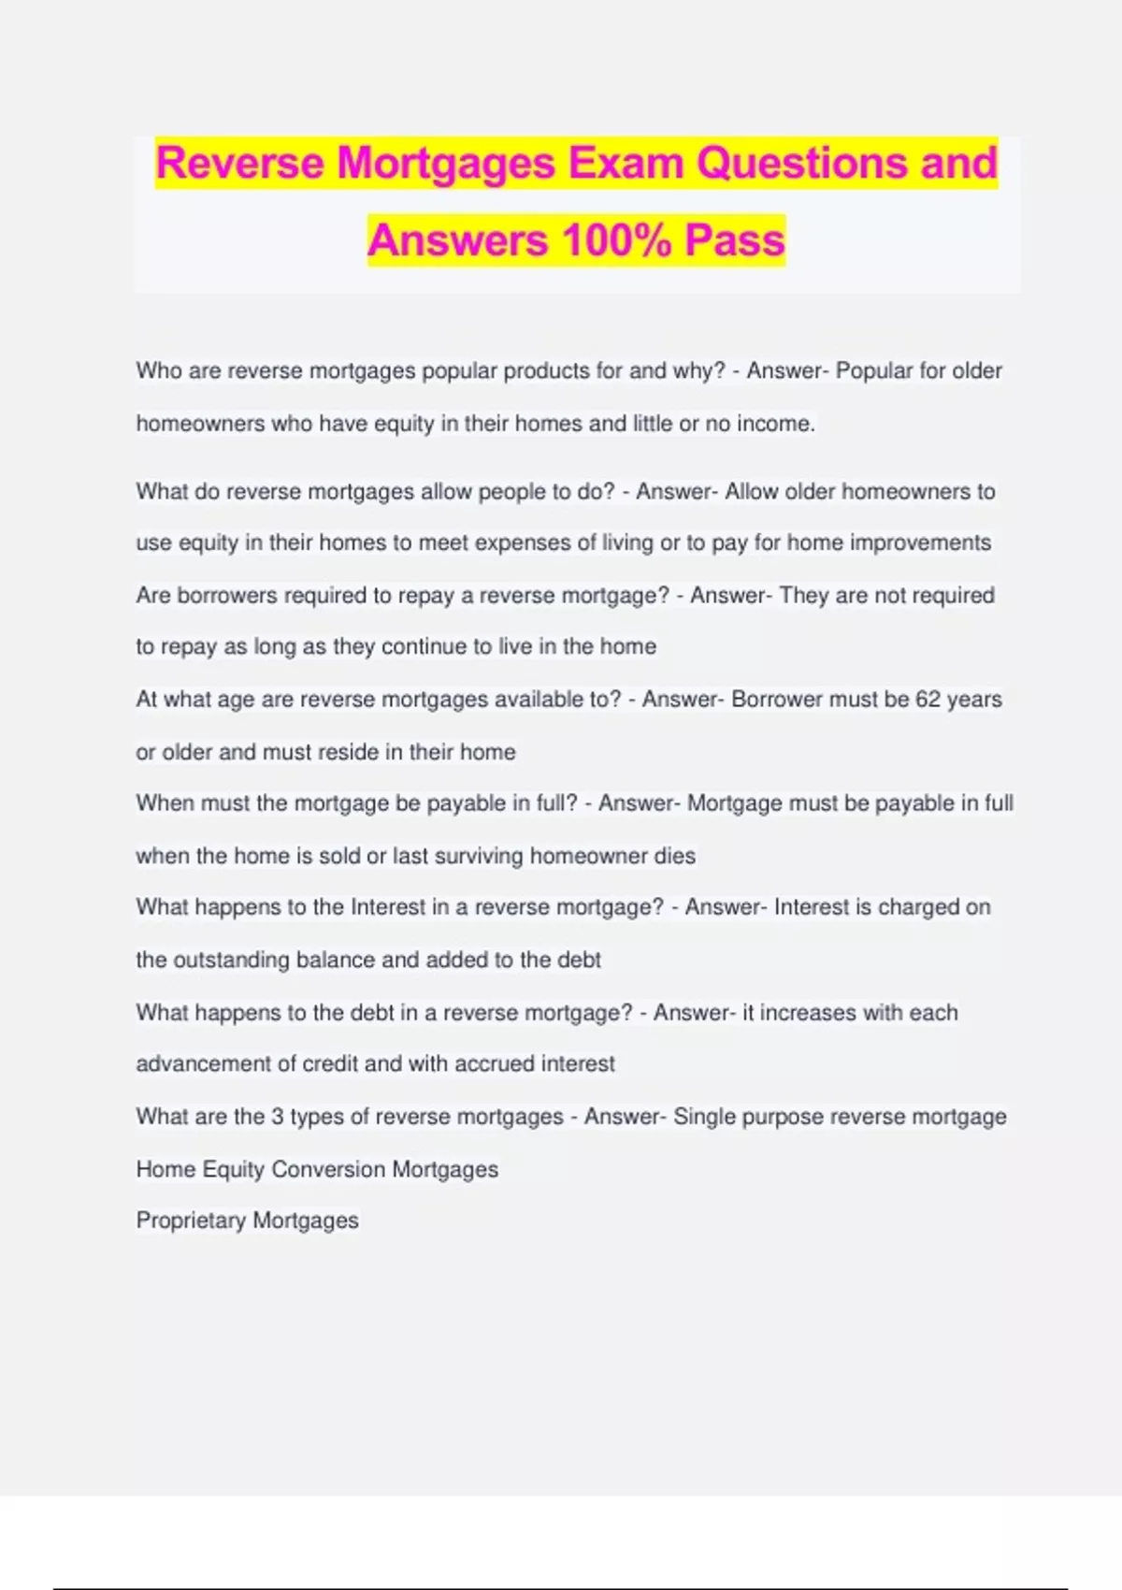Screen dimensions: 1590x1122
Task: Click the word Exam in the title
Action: tap(626, 163)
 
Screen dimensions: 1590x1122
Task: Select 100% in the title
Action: tap(616, 240)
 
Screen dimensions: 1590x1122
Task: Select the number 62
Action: tap(928, 700)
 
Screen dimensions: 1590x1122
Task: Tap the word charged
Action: tap(918, 907)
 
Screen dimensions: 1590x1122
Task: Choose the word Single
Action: tap(704, 1117)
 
